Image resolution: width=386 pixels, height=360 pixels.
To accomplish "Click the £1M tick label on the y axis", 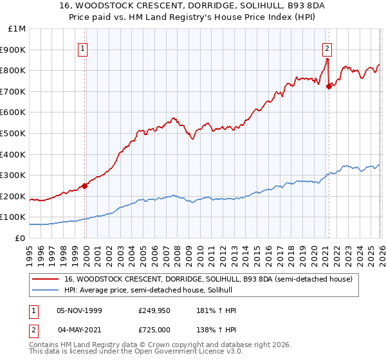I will (17, 28).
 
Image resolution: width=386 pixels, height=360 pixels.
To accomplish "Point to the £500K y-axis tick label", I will (14, 133).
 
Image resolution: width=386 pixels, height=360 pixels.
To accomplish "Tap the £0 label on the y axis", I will (21, 238).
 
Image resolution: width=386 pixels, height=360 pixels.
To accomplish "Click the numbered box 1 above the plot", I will (84, 47).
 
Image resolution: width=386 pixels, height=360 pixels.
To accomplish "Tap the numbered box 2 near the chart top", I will (327, 47).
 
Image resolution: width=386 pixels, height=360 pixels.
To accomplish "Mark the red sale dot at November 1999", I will (84, 186).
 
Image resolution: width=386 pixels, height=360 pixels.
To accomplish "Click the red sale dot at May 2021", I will (329, 86).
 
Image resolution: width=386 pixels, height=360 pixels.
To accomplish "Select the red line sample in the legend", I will (45, 280).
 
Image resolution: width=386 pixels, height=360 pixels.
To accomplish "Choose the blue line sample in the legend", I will (45, 291).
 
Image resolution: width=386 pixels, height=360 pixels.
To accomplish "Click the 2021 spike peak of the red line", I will (327, 59).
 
